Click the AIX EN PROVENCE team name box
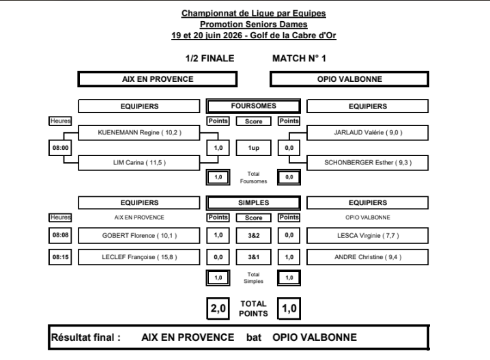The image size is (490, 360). pyautogui.click(x=158, y=79)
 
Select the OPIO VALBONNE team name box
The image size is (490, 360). pyautogui.click(x=349, y=79)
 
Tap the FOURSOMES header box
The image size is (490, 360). pyautogui.click(x=253, y=106)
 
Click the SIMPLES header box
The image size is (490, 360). pyautogui.click(x=253, y=202)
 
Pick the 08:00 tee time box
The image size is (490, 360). pyautogui.click(x=60, y=148)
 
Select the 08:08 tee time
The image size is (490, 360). pyautogui.click(x=60, y=235)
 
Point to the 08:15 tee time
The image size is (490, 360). pyautogui.click(x=60, y=257)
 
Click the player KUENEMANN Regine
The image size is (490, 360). pyautogui.click(x=139, y=133)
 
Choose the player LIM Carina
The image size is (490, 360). pyautogui.click(x=139, y=163)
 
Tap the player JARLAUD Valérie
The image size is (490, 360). pyautogui.click(x=367, y=133)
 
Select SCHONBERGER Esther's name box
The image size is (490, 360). pyautogui.click(x=367, y=163)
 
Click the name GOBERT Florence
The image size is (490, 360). pyautogui.click(x=139, y=235)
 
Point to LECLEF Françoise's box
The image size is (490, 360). pyautogui.click(x=139, y=257)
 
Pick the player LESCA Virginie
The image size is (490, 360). pyautogui.click(x=367, y=235)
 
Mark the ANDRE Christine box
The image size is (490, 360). pyautogui.click(x=367, y=257)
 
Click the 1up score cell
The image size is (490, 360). pyautogui.click(x=253, y=148)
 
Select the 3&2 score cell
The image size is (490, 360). pyautogui.click(x=253, y=235)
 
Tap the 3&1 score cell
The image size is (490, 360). pyautogui.click(x=253, y=257)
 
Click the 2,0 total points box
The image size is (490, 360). pyautogui.click(x=218, y=308)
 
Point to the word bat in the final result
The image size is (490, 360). pyautogui.click(x=253, y=337)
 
